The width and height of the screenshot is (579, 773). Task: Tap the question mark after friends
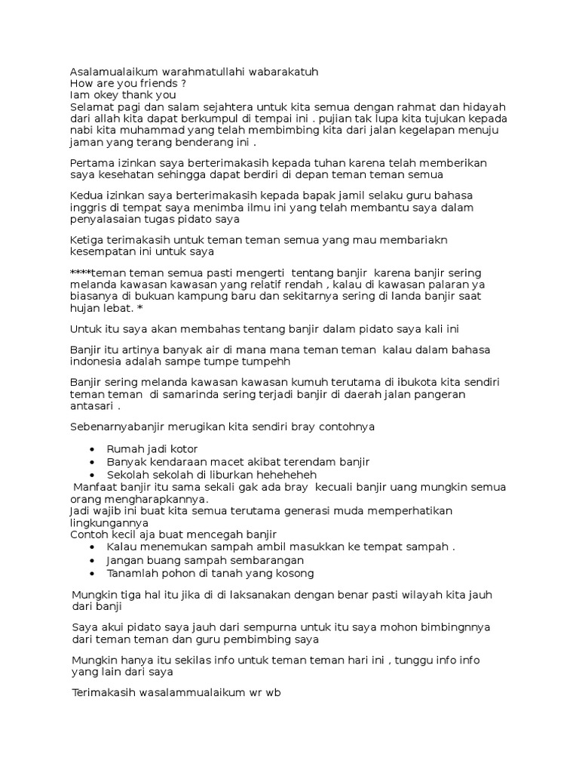click(183, 84)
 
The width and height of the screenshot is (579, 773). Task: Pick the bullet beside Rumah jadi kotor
click(91, 450)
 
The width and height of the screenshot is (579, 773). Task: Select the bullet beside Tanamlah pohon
click(91, 574)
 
